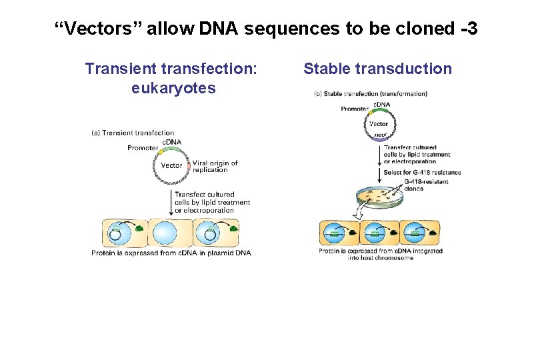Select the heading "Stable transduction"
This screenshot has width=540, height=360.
click(377, 69)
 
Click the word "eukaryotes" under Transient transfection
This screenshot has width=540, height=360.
click(173, 88)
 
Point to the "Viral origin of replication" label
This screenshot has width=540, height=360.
click(215, 167)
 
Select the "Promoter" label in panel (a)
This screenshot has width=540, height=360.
click(142, 148)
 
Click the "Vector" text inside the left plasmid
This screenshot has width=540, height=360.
click(171, 165)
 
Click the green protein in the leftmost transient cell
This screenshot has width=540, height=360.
click(139, 229)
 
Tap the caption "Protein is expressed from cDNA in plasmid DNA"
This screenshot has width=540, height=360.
click(171, 253)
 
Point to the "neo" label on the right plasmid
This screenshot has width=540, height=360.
click(378, 135)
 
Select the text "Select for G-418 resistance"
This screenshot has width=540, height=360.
click(422, 173)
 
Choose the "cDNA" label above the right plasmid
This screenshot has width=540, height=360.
click(381, 104)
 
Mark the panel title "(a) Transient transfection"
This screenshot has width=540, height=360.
click(133, 133)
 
